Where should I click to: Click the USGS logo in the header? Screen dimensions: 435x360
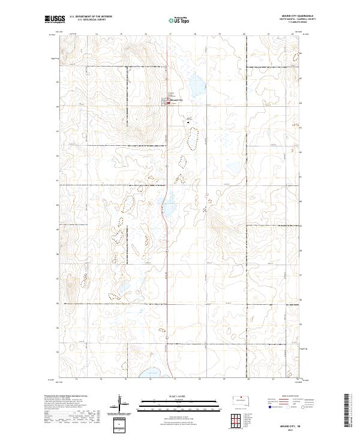coord(55,19)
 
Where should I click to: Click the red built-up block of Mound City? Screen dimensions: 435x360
coord(168,103)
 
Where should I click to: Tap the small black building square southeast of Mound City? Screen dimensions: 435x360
coord(188,122)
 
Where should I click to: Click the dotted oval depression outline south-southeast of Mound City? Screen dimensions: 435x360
coord(193,140)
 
